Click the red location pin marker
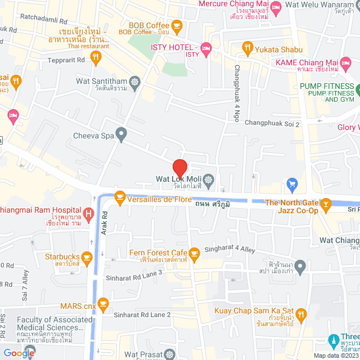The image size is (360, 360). (179, 168)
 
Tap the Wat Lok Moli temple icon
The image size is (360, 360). (209, 180)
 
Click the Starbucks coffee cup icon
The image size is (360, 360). (86, 258)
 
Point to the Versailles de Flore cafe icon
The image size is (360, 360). (119, 196)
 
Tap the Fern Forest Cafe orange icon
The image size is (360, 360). (195, 254)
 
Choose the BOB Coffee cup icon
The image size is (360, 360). (177, 25)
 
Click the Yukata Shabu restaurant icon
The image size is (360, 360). (246, 49)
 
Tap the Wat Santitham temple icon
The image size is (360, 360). (134, 82)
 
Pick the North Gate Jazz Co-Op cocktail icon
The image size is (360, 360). (325, 203)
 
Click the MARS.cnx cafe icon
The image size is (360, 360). (102, 304)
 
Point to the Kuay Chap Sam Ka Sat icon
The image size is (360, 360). (301, 313)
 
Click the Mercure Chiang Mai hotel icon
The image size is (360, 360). (276, 7)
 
